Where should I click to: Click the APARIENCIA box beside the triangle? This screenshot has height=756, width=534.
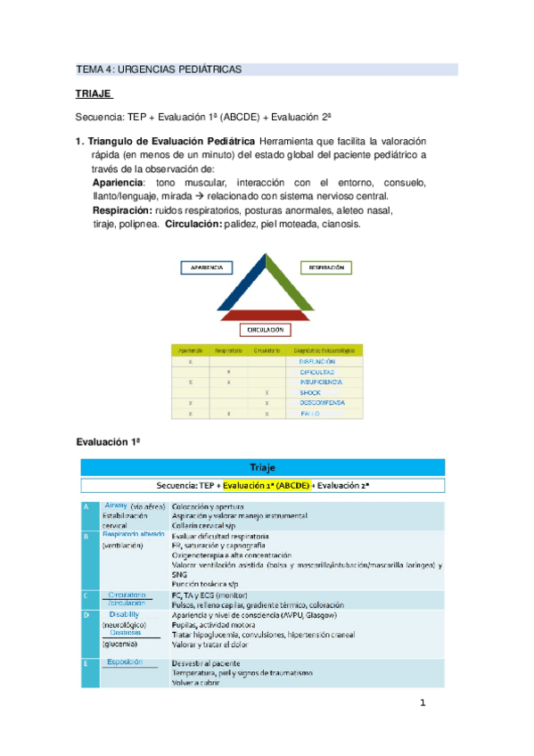(x=207, y=267)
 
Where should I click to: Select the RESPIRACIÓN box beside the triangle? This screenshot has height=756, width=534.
(x=326, y=267)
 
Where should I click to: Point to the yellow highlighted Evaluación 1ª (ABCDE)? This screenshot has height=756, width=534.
(x=266, y=486)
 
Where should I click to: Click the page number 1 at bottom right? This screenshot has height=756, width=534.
(x=423, y=703)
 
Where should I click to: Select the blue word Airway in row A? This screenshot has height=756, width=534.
(x=117, y=505)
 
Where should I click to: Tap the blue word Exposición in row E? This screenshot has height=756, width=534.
(x=125, y=661)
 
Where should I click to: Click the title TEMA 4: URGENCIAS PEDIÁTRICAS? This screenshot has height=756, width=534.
(x=159, y=70)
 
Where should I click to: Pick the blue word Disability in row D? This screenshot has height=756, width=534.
(x=124, y=614)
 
